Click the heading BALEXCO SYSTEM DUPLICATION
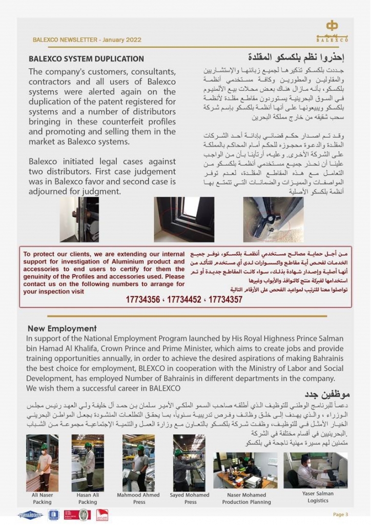click(x=86, y=59)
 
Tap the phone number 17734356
click(x=143, y=299)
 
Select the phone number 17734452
click(x=184, y=299)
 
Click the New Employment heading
click(x=62, y=328)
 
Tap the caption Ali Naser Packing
click(x=42, y=498)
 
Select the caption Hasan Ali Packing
click(x=88, y=498)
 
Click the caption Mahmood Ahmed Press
click(x=139, y=498)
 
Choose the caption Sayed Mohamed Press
click(x=190, y=498)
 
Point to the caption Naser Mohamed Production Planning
click(x=246, y=498)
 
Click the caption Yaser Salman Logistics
click(x=318, y=497)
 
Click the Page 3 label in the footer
click(x=340, y=514)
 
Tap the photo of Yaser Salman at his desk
click(x=316, y=470)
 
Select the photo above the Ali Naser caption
click(x=42, y=462)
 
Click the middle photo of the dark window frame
click(x=184, y=219)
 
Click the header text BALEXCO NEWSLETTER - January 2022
click(x=87, y=39)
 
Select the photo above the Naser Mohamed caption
click(x=245, y=470)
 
